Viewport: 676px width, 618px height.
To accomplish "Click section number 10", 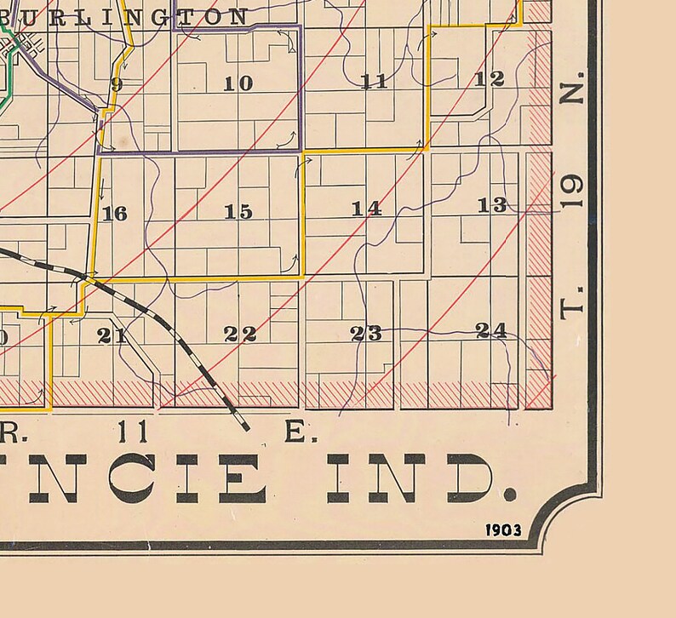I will [x=238, y=83].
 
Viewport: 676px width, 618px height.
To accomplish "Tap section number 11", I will [x=375, y=82].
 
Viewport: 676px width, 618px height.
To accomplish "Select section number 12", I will [x=490, y=79].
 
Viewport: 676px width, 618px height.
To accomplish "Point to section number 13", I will [x=492, y=204].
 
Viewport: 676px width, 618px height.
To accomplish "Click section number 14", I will [x=367, y=209].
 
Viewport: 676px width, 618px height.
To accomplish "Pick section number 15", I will [x=238, y=212].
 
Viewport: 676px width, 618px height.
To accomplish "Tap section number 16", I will [x=114, y=213].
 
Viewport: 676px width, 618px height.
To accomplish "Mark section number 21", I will [x=112, y=335].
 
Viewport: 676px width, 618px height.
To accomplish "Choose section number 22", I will [x=240, y=334].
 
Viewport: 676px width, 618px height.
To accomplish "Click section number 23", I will [x=367, y=334].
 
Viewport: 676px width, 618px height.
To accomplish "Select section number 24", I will [x=492, y=330].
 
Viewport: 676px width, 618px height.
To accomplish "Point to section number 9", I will [x=117, y=83].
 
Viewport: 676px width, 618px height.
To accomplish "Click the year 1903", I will [x=503, y=530].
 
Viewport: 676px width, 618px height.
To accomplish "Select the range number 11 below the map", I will [x=135, y=432].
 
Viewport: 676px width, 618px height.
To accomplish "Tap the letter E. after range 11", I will [x=296, y=432].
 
